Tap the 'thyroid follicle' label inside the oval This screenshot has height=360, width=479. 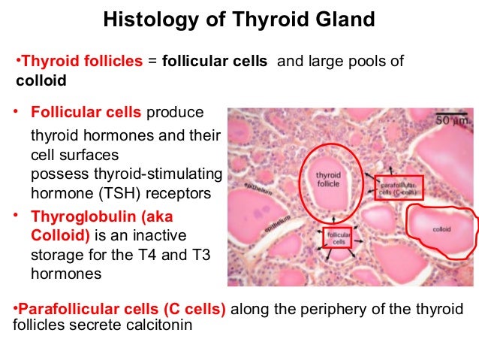[x=327, y=180]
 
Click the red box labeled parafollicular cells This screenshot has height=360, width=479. [x=398, y=187]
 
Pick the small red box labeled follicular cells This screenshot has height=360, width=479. [x=337, y=238]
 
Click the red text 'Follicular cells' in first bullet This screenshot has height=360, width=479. [x=86, y=113]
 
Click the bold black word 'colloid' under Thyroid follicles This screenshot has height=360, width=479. [x=35, y=80]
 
